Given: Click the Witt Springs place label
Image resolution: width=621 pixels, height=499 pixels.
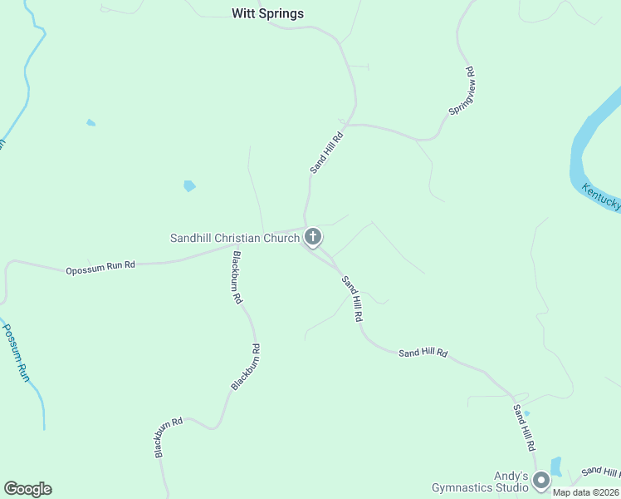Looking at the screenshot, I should point(267,13).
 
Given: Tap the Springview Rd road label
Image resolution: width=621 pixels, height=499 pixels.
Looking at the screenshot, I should point(462,91).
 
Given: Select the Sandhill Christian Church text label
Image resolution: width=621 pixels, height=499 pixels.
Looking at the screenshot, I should point(234,238).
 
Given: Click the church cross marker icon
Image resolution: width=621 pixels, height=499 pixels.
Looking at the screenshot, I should point(312,238).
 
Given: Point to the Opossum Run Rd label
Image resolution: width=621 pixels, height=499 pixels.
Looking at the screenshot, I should point(100,268).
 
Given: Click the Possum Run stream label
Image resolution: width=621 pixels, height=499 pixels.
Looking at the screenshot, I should point(16,351).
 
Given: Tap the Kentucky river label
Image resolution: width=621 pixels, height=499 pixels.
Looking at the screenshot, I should point(601,196).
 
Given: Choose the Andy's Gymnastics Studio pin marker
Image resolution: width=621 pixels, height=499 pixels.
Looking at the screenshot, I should point(541,481).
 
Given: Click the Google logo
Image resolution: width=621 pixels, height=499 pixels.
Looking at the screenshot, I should point(27,489).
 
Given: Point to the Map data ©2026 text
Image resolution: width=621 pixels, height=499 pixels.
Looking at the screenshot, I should point(586,492).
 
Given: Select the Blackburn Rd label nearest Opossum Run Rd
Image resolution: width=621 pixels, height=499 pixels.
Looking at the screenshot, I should point(237,277).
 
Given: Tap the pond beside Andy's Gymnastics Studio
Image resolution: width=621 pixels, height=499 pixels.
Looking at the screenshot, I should point(556,466).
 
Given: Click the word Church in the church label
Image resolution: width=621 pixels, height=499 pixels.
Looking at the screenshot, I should point(281,238).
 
